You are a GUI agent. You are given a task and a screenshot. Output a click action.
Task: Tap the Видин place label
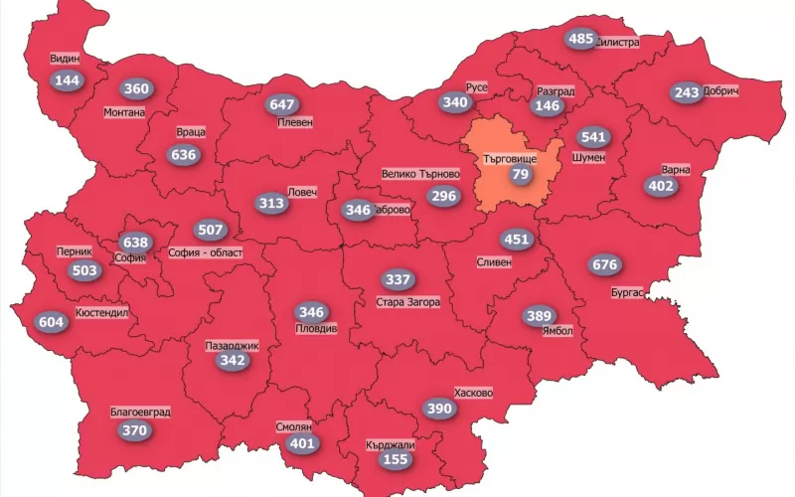click(65, 59)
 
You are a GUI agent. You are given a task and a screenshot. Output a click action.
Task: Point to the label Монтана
click(124, 112)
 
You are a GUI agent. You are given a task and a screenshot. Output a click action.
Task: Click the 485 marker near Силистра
click(580, 39)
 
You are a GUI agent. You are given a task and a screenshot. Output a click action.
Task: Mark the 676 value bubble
click(604, 264)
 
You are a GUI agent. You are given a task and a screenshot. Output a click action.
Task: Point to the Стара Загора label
click(407, 302)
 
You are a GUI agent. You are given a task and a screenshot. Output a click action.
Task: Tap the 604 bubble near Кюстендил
click(52, 321)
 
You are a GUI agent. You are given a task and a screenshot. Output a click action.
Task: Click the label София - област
click(206, 252)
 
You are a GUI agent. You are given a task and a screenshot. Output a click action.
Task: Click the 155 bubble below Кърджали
click(396, 460)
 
